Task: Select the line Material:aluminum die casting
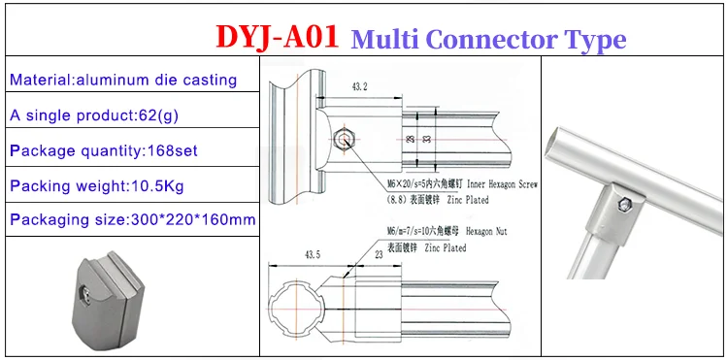(123, 80)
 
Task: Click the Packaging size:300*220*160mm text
(133, 219)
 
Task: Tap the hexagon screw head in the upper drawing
(346, 140)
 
